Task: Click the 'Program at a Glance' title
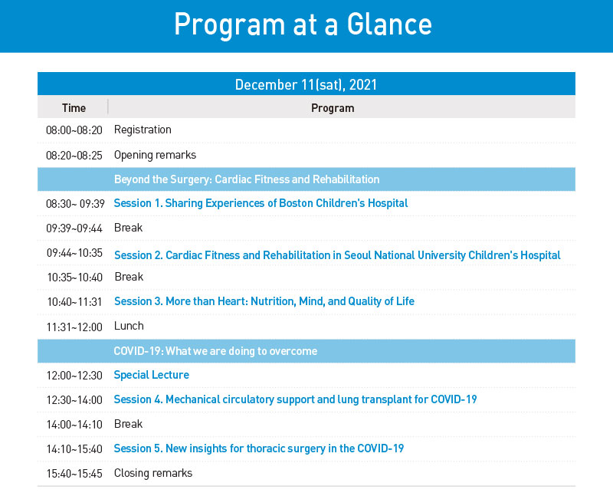303,25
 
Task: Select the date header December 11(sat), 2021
306,85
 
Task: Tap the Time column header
74,108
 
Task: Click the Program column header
333,108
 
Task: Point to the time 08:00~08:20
74,130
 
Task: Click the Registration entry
143,130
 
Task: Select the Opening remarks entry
156,156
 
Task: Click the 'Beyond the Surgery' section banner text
247,179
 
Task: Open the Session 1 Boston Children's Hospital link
261,203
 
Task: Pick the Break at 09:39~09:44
128,228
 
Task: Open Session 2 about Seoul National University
337,255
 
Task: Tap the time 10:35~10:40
74,278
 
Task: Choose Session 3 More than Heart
264,301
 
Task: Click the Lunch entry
129,326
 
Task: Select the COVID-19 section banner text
215,351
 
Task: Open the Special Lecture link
151,375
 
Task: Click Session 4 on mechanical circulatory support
295,399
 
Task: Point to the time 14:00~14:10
74,425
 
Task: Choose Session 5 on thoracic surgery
259,448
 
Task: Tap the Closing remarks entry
153,473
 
